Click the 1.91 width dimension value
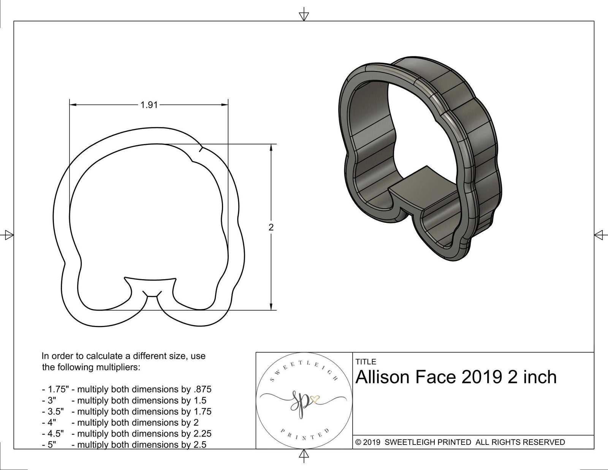[149, 105]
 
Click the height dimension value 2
[271, 227]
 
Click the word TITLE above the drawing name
[366, 362]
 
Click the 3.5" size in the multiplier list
[55, 411]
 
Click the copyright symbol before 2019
[358, 442]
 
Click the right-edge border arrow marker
[599, 235]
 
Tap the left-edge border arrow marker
[8, 235]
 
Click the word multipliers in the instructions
[118, 367]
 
